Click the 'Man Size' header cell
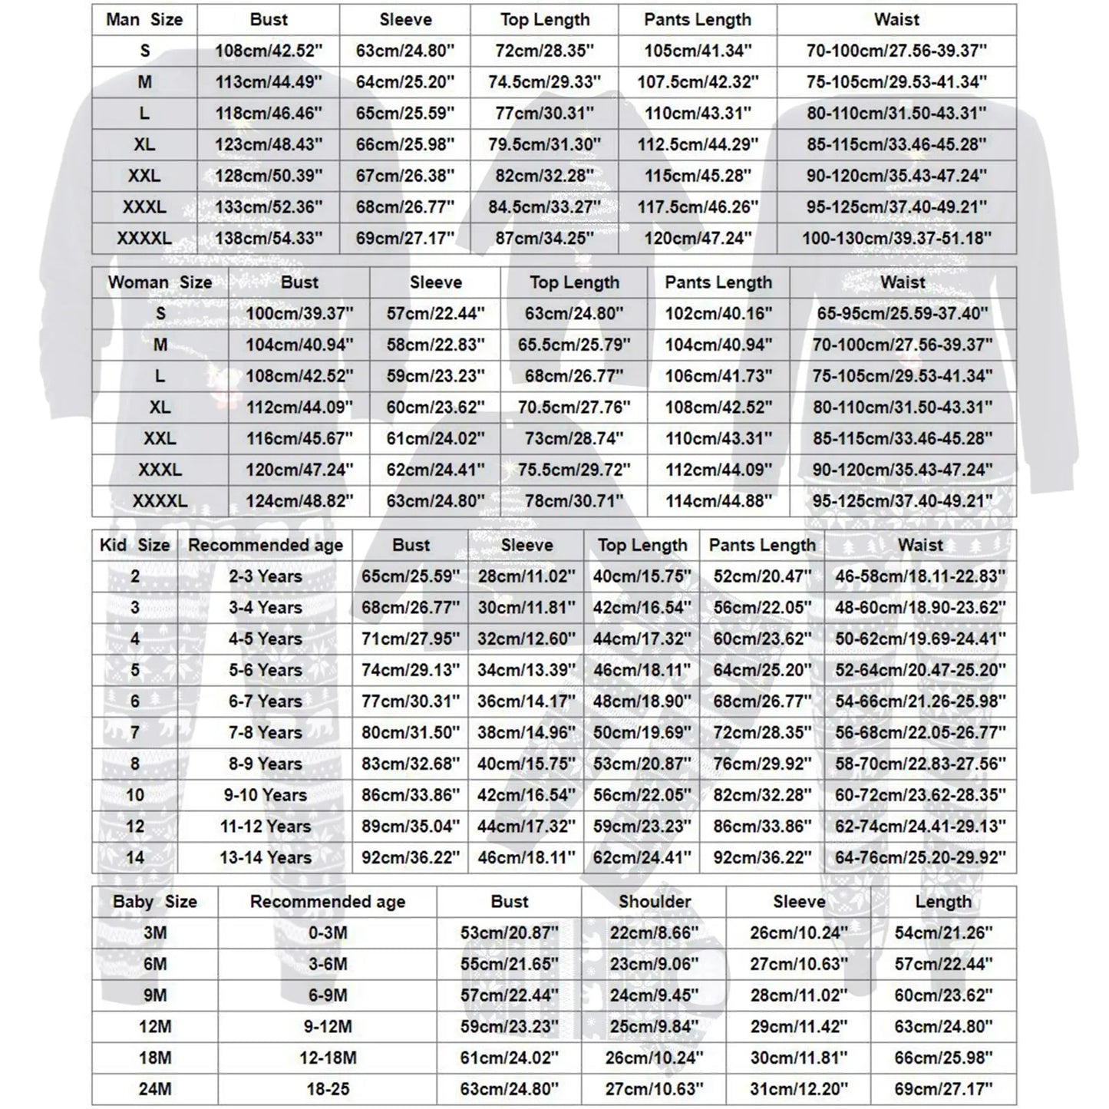click(x=144, y=20)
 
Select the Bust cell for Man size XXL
click(x=269, y=176)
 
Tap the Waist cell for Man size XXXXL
click(x=896, y=239)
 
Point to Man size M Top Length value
click(x=544, y=82)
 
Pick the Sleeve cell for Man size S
click(x=405, y=51)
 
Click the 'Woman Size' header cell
click(x=160, y=282)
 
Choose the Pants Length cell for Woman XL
click(x=718, y=408)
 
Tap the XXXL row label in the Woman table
click(x=160, y=470)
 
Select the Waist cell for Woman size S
click(x=903, y=313)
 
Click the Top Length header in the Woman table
click(x=574, y=282)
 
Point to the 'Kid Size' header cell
click(x=134, y=546)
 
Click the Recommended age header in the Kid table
click(x=266, y=546)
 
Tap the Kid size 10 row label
click(x=134, y=795)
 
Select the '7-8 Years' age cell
click(x=266, y=733)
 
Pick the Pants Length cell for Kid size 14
click(x=762, y=857)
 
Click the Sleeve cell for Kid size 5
click(x=526, y=670)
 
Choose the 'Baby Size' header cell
click(x=155, y=902)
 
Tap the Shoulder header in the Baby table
click(x=655, y=902)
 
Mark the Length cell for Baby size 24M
click(x=943, y=1089)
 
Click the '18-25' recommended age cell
click(x=328, y=1089)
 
